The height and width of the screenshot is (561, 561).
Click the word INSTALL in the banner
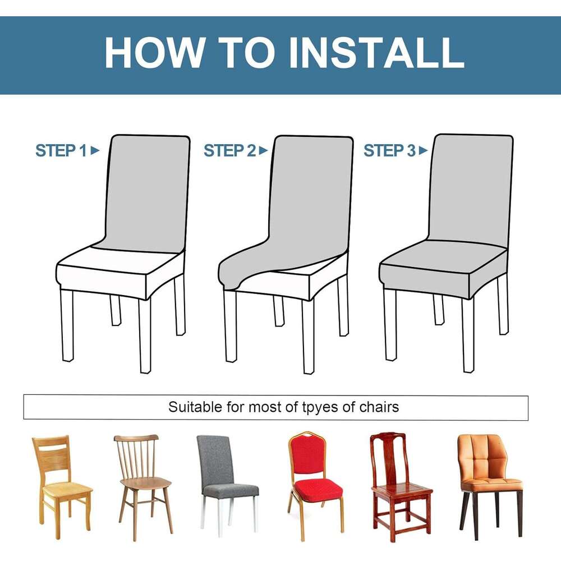(x=376, y=52)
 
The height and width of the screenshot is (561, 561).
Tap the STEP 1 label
(x=61, y=150)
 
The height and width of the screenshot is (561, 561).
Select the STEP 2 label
(x=229, y=150)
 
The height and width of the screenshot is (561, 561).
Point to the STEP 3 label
(x=390, y=150)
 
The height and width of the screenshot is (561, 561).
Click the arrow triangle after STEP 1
(x=95, y=150)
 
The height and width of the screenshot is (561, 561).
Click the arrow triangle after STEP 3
(x=424, y=150)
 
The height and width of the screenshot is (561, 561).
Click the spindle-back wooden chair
(x=144, y=486)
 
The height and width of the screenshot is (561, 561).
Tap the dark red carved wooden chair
(x=401, y=486)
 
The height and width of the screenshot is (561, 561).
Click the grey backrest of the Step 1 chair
(x=146, y=193)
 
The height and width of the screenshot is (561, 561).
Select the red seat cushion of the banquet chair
(x=318, y=489)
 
